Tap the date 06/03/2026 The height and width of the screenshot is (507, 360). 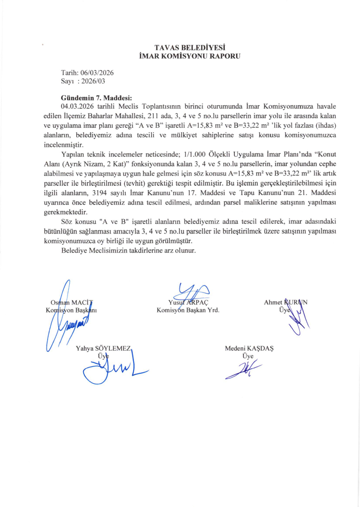(97, 73)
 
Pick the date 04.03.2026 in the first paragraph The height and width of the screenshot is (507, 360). (77, 105)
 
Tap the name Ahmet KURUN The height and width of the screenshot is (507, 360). (285, 302)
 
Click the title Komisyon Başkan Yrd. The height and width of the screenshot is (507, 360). (188, 310)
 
